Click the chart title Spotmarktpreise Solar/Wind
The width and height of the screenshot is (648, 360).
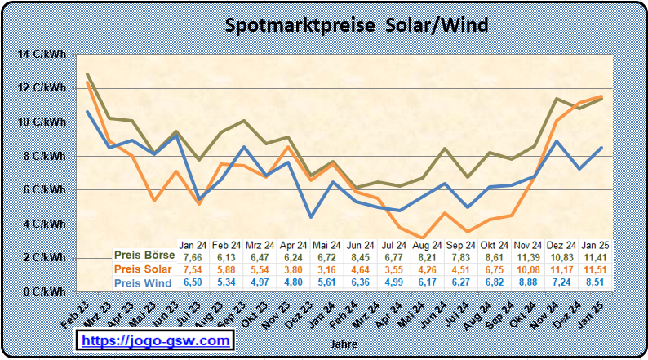(x=357, y=25)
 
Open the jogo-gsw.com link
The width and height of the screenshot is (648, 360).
(x=155, y=340)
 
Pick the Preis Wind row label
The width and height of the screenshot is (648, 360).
(x=143, y=283)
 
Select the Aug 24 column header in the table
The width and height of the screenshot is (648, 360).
(x=427, y=244)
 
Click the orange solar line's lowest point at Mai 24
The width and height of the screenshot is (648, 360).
(x=422, y=238)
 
